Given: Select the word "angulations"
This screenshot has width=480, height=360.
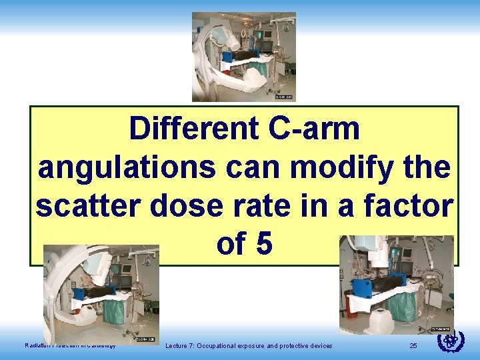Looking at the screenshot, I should tap(127, 167).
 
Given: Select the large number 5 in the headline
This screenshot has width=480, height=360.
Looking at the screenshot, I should tap(264, 245).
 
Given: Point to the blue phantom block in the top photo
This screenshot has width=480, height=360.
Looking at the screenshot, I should tap(227, 56).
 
